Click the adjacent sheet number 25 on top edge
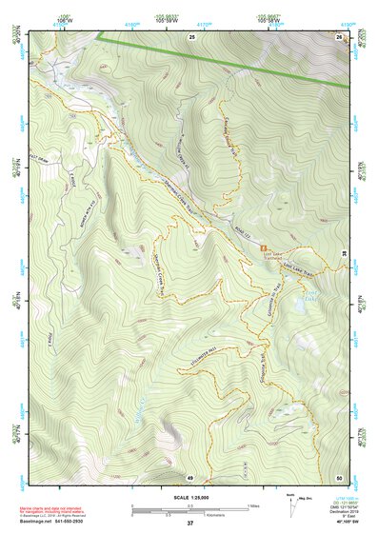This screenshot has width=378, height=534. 191,36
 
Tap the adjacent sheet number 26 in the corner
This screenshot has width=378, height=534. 339,36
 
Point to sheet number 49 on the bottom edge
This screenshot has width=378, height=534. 189,477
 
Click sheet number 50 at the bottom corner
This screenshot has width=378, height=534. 339,477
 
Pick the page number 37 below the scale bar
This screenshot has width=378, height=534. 189,524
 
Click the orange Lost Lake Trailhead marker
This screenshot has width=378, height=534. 266,248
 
